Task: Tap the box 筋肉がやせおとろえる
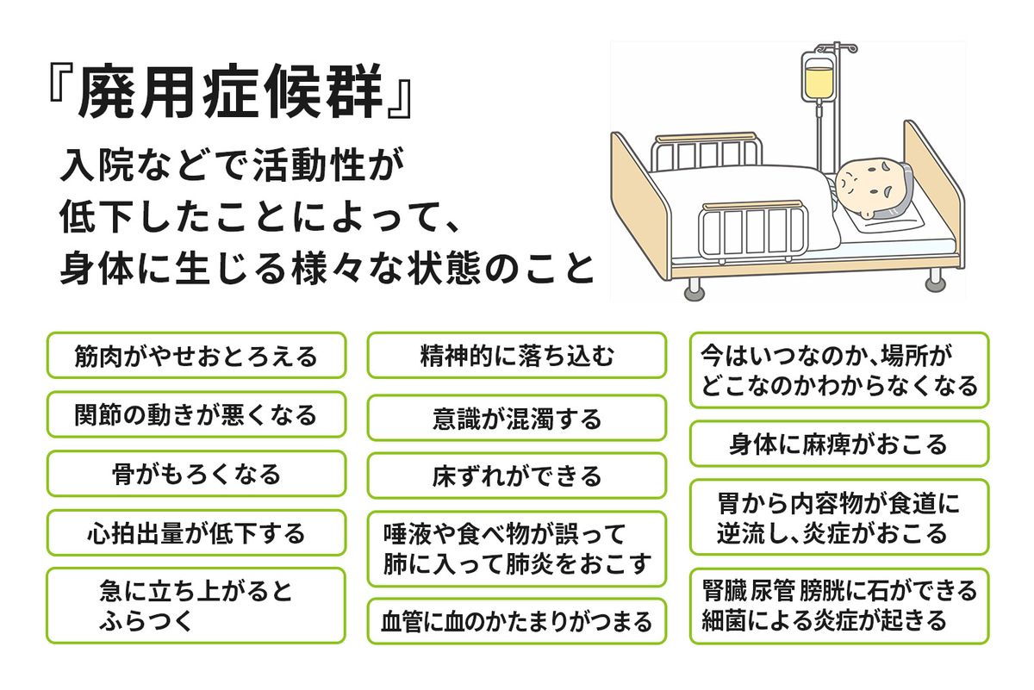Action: point(196,356)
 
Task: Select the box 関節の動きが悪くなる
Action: point(196,414)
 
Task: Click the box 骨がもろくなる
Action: point(196,474)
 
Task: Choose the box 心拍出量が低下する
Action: point(196,533)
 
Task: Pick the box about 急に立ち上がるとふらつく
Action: point(196,606)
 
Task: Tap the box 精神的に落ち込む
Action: point(517,356)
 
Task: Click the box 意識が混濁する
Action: point(517,419)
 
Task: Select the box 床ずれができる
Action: point(517,476)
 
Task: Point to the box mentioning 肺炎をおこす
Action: point(517,549)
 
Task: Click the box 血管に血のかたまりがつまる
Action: point(517,621)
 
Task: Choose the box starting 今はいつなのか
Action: point(839,370)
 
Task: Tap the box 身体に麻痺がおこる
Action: point(839,444)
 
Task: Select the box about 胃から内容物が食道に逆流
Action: point(839,517)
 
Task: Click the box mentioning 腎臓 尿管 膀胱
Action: point(839,605)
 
